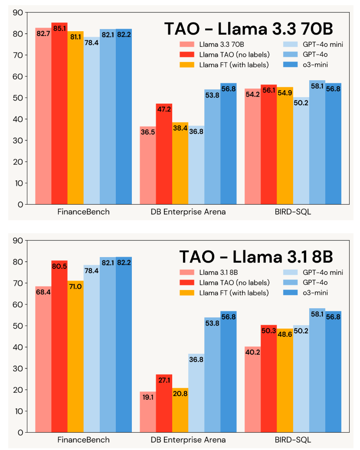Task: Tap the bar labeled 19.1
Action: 147,412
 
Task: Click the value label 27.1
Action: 164,381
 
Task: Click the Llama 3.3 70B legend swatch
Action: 188,44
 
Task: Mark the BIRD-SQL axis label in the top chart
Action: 293,212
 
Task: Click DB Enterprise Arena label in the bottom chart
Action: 188,440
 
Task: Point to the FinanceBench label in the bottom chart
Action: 83,440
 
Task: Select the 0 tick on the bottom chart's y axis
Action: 20,432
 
